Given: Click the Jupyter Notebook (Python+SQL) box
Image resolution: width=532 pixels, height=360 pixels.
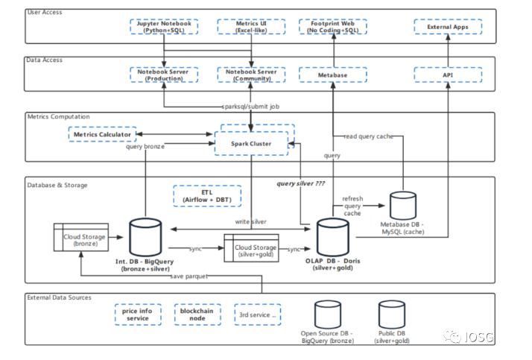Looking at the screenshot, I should (164, 27).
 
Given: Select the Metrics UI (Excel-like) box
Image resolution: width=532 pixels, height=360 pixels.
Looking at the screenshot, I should (251, 27).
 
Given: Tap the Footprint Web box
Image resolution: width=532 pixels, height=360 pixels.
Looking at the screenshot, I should (333, 27).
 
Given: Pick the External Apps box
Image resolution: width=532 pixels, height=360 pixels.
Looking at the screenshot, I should (449, 27).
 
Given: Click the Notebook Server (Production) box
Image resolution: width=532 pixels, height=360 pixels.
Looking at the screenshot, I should (164, 74).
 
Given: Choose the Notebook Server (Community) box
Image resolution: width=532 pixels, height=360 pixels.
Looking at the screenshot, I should (251, 74).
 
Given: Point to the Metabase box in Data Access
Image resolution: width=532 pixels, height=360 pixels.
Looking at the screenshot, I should (333, 74).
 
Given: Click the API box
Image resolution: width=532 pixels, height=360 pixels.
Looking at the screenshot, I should (449, 74).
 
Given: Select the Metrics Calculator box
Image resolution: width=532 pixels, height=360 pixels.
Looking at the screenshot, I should (102, 134).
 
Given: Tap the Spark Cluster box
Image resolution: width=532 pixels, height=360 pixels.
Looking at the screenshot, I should (251, 142).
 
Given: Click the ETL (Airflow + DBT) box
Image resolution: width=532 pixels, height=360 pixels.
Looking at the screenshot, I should (207, 196).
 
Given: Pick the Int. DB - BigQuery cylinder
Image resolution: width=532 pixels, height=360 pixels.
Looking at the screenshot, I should (145, 236).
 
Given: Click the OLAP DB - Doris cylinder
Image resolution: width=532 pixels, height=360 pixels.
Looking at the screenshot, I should (333, 236).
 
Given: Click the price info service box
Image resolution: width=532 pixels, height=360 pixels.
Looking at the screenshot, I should (138, 314).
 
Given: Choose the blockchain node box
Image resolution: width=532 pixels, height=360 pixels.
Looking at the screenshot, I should (197, 314).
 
